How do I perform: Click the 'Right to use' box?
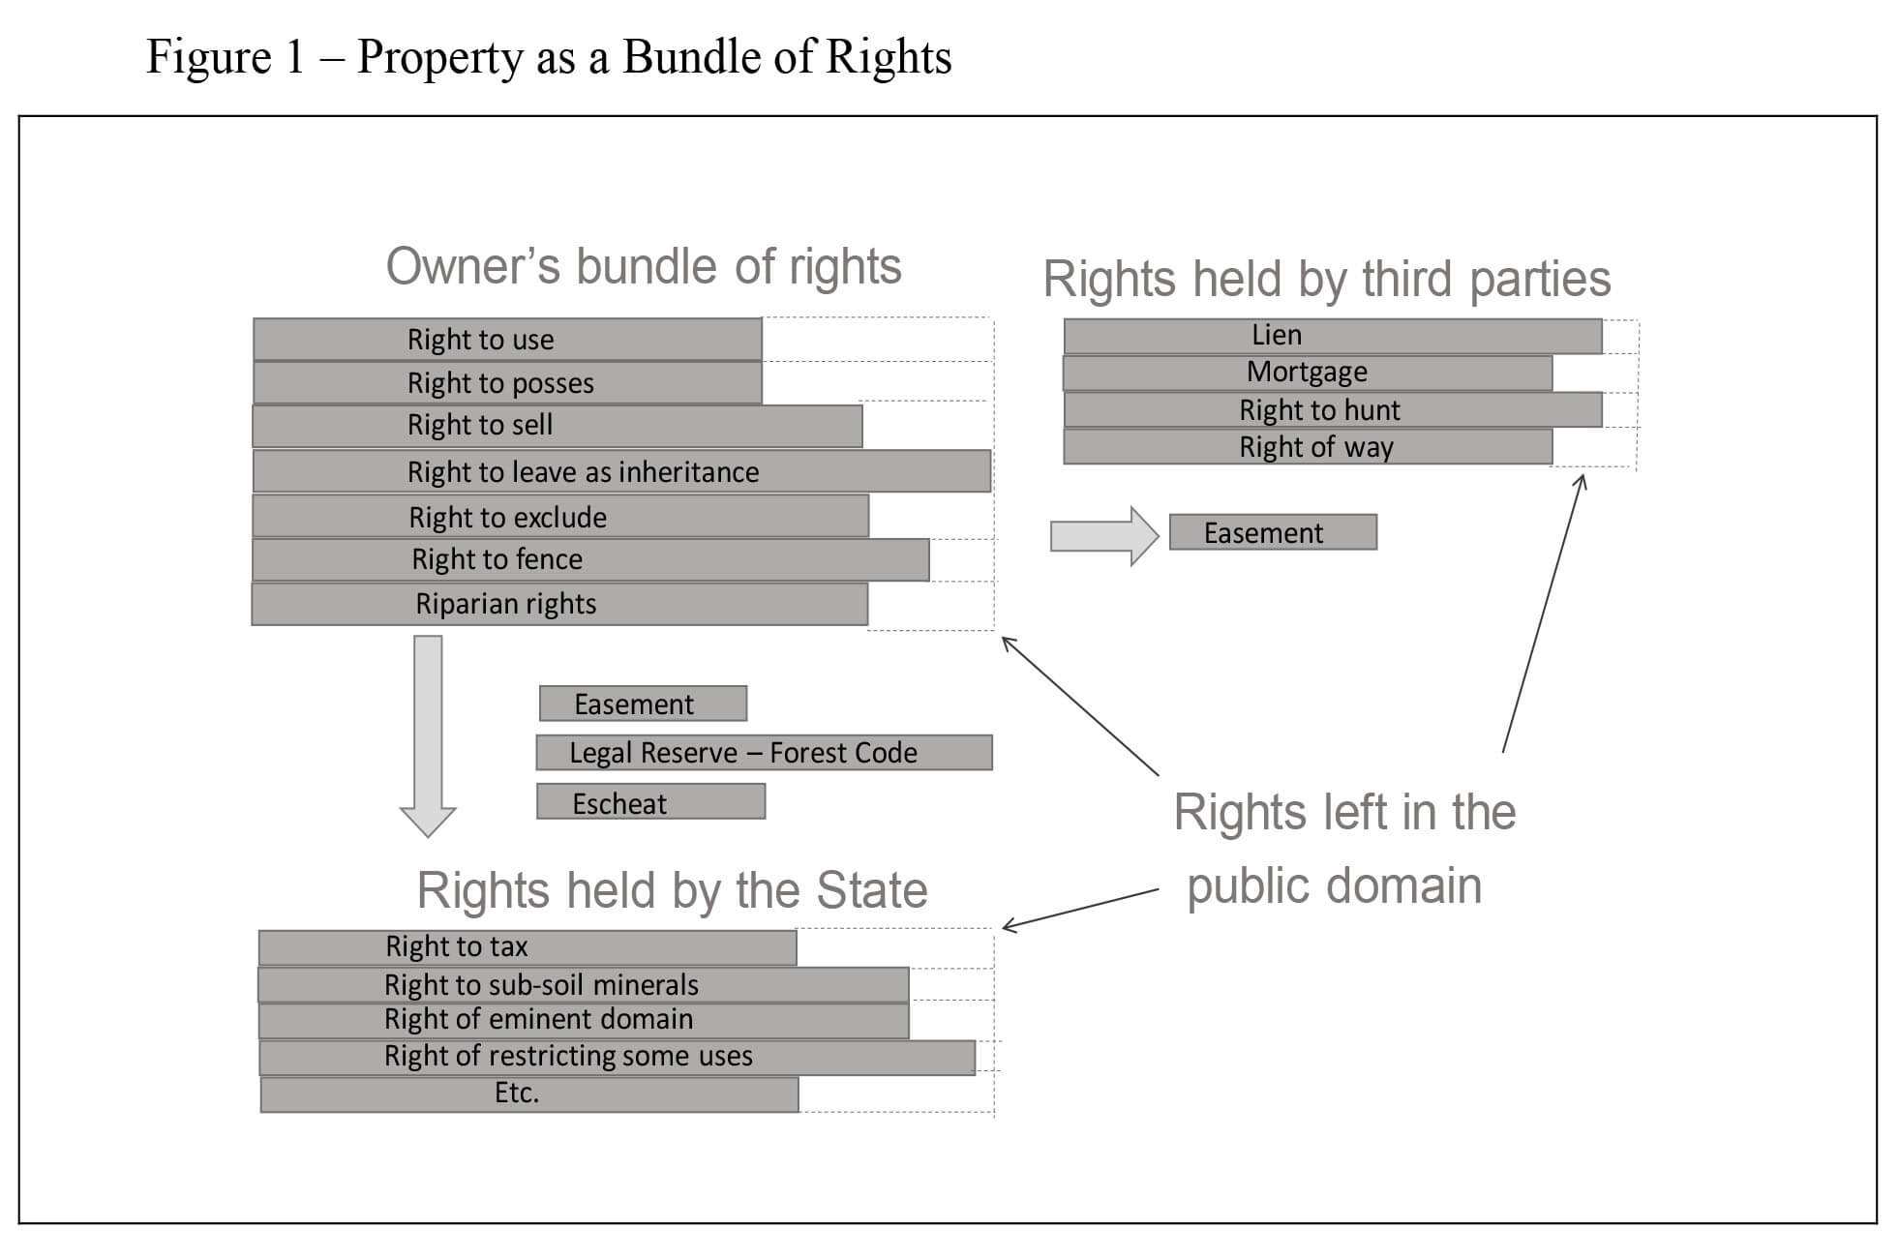click(507, 339)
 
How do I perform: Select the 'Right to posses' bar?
click(507, 382)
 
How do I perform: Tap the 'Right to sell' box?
click(558, 426)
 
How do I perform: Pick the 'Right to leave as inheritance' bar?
click(621, 471)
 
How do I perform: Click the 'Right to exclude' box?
click(560, 516)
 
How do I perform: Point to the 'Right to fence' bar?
click(590, 559)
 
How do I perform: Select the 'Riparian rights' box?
click(559, 604)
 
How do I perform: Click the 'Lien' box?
click(1333, 336)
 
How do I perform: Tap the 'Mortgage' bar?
click(1308, 373)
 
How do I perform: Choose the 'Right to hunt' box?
click(1333, 409)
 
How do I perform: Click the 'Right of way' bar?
click(1308, 446)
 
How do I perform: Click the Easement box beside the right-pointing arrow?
click(1273, 532)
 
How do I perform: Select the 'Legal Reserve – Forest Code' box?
click(764, 752)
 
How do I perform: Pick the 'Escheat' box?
click(650, 801)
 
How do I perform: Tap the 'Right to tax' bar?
click(527, 947)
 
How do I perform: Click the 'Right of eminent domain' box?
click(584, 1020)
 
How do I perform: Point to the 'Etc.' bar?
click(529, 1094)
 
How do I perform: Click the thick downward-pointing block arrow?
click(428, 735)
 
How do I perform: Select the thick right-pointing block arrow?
click(1104, 535)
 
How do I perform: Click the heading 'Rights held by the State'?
click(672, 889)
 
